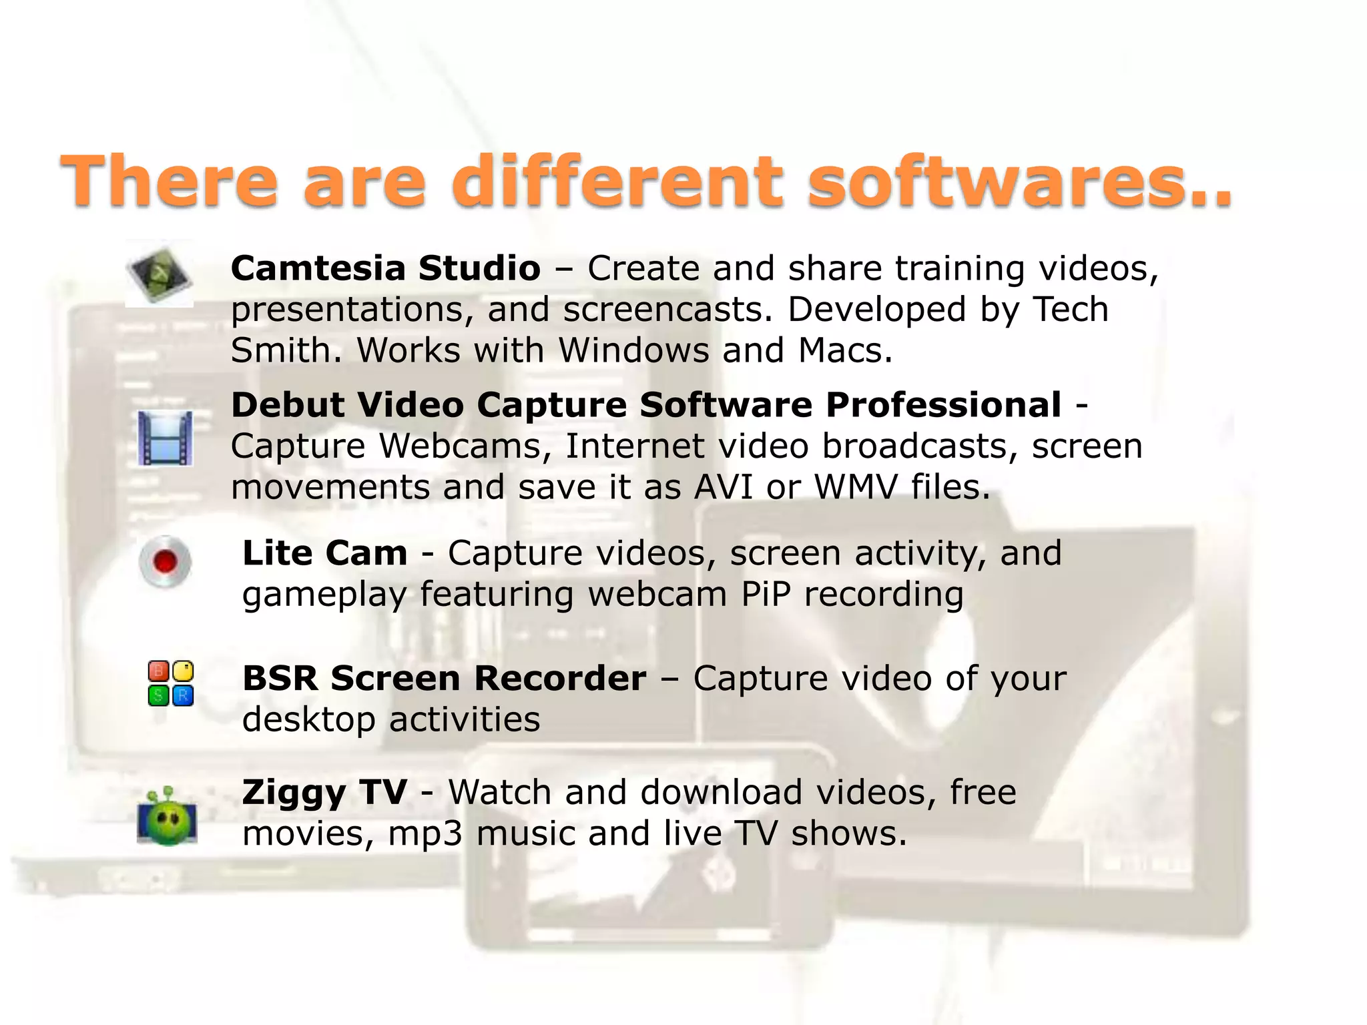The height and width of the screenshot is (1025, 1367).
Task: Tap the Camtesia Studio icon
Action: (x=160, y=274)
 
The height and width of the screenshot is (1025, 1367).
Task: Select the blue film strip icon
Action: (x=166, y=438)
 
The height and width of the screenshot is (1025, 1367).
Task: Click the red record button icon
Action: (x=165, y=561)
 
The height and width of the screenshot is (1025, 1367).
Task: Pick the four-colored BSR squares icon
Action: (x=170, y=683)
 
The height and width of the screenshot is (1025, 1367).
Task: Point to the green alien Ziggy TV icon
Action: (x=167, y=817)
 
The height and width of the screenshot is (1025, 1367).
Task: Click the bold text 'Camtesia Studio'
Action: (x=385, y=268)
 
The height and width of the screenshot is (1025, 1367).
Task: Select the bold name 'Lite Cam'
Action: (x=324, y=553)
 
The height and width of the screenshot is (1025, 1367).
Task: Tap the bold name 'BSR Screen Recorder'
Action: (x=444, y=679)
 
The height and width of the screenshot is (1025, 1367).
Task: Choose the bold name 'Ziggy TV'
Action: (x=324, y=793)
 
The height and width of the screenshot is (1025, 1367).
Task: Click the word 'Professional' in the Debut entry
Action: (x=943, y=405)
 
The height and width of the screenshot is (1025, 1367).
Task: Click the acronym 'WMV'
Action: (x=856, y=487)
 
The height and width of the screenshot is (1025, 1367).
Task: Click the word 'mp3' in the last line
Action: (x=425, y=834)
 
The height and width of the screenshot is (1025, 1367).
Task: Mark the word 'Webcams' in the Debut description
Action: (x=460, y=446)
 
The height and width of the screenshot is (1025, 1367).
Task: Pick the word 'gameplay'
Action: (x=324, y=595)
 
